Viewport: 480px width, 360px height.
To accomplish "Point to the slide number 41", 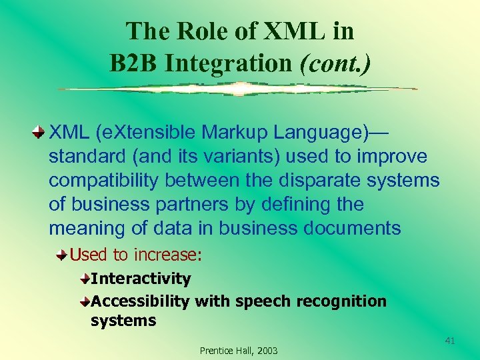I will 449,341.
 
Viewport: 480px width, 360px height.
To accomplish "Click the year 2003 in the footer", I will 267,351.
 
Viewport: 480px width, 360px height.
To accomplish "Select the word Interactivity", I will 141,278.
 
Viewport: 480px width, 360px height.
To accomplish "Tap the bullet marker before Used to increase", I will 62,255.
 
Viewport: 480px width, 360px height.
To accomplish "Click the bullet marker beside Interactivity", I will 85,277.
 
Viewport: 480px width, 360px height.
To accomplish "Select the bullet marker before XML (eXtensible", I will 39,132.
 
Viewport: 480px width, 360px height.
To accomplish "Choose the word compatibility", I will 105,180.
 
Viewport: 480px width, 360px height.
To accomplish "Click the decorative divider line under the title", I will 237,89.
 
